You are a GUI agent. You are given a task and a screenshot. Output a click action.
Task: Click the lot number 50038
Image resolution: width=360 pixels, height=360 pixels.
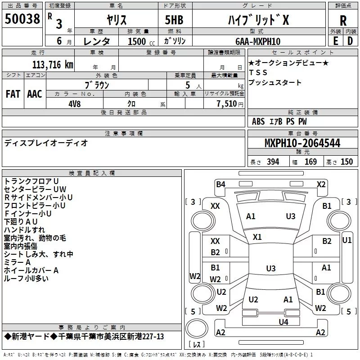(x=22, y=20)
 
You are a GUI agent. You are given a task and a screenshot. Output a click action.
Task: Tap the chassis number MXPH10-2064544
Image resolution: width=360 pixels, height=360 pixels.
(x=302, y=144)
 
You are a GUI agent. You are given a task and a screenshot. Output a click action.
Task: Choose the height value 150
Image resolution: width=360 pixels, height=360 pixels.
(x=346, y=162)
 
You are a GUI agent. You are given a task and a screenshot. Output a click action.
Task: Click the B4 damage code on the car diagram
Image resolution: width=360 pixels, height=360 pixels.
(x=220, y=184)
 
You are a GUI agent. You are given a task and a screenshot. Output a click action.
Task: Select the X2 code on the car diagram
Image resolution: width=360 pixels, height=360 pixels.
(x=321, y=184)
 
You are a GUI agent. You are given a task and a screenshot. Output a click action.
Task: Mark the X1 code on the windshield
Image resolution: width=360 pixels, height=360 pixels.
(x=257, y=237)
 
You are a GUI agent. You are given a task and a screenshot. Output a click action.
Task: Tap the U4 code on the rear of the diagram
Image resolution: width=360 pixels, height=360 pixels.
(x=283, y=322)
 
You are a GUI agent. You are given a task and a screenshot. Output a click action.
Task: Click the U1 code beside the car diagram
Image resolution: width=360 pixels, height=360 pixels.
(x=347, y=241)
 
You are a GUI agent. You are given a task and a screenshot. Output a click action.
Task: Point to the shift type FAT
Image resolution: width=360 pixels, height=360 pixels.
(x=13, y=94)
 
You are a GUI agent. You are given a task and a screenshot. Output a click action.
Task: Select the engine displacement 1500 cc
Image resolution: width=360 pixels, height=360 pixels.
(x=137, y=41)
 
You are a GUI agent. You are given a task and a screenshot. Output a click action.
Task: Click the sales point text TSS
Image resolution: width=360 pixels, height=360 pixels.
(x=258, y=72)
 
